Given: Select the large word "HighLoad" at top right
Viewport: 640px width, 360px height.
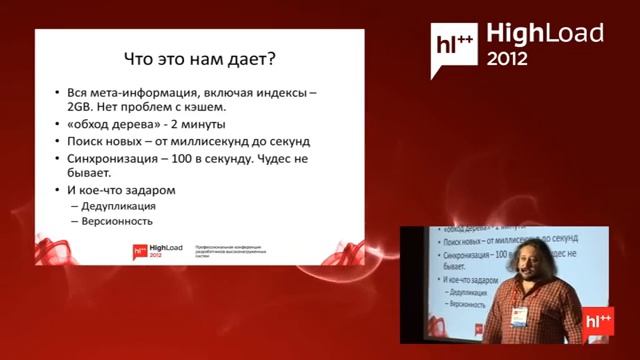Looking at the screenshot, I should coord(544,34).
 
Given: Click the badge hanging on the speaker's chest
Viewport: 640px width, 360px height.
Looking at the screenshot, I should coord(519,317).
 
